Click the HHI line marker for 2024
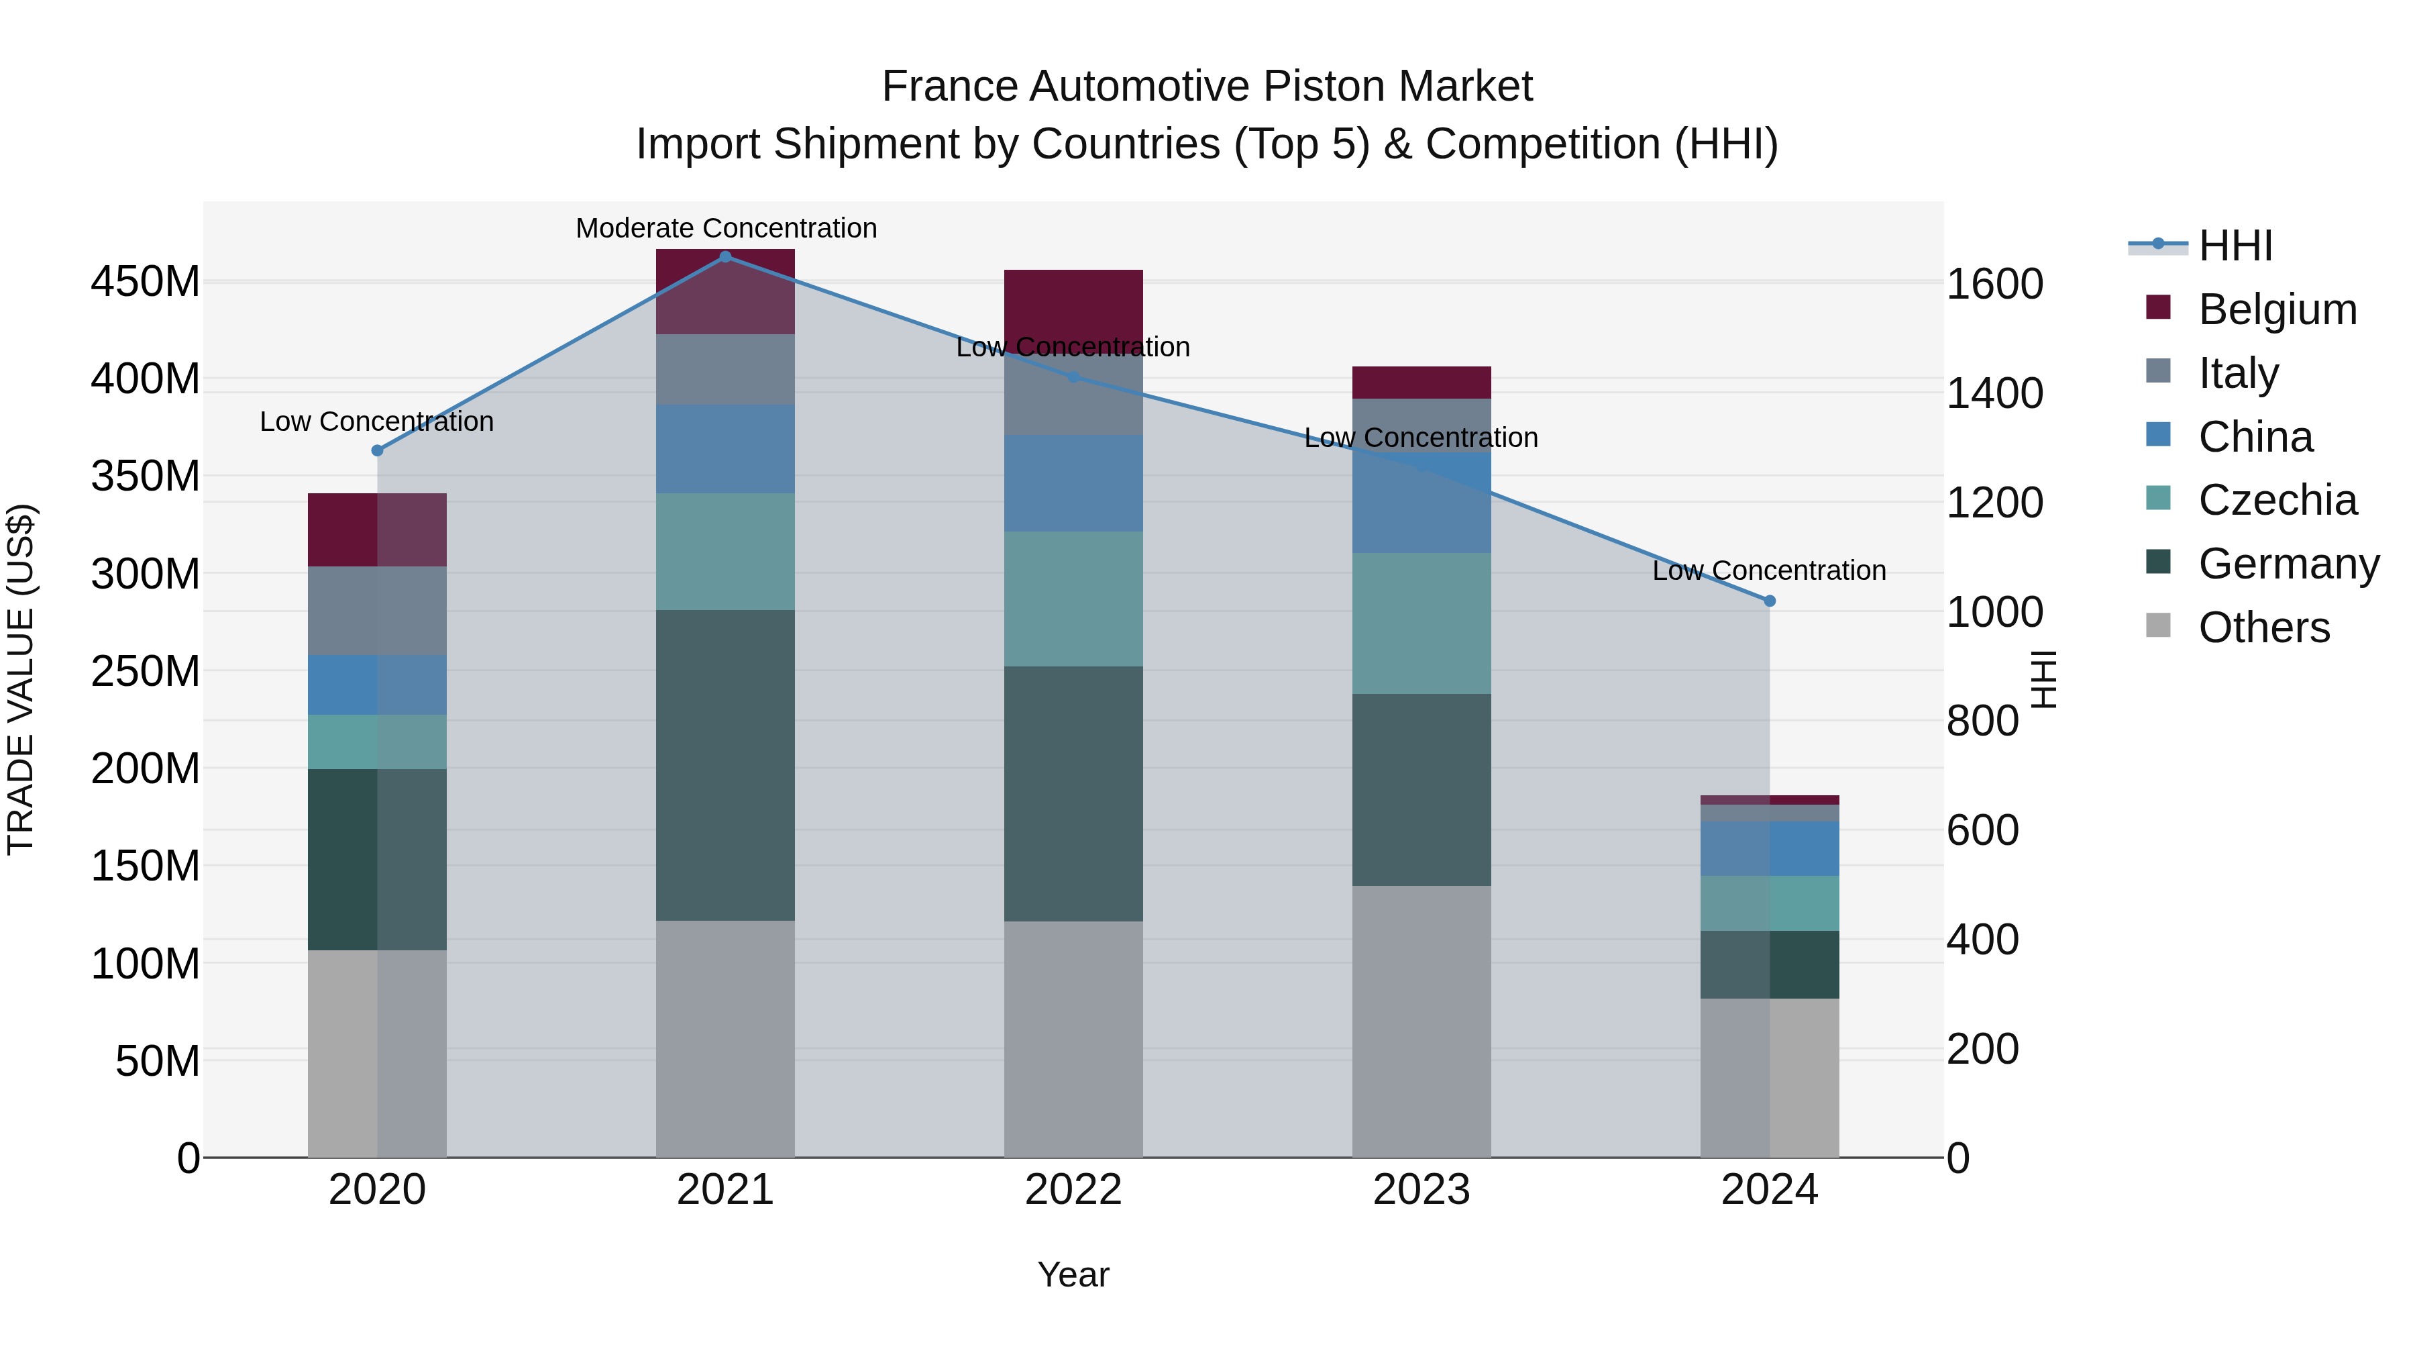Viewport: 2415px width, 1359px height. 1769,601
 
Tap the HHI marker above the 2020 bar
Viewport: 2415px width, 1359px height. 378,450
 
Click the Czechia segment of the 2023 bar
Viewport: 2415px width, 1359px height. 1421,623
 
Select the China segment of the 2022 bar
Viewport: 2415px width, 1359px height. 1073,483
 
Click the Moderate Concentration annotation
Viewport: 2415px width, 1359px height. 726,228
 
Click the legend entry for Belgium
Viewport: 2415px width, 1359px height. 2276,309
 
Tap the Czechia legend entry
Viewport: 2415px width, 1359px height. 2276,500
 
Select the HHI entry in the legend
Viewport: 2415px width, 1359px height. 2235,246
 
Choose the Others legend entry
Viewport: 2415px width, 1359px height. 2263,627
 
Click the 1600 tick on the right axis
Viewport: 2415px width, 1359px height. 1994,284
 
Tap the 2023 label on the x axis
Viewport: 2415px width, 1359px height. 1421,1190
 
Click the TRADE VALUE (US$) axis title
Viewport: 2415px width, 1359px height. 21,679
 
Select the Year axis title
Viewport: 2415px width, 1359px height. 1073,1274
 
